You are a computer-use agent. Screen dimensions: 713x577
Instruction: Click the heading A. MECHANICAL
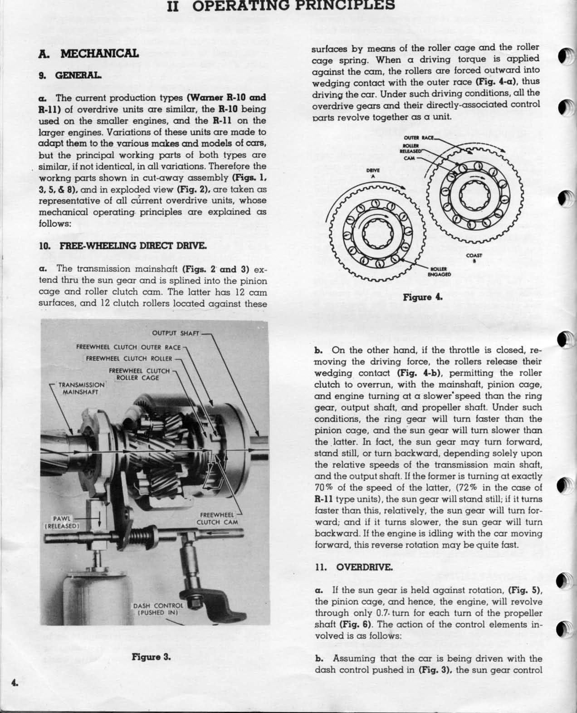[x=88, y=54]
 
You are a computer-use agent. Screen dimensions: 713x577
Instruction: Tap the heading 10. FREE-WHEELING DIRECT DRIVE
[x=123, y=246]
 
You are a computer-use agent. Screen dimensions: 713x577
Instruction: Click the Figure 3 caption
[x=151, y=656]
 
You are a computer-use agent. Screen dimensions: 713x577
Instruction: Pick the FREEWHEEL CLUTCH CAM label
[x=217, y=518]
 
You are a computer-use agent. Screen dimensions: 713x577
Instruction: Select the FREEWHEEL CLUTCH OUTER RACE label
[x=128, y=347]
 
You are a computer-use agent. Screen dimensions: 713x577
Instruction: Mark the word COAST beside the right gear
[x=474, y=255]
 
